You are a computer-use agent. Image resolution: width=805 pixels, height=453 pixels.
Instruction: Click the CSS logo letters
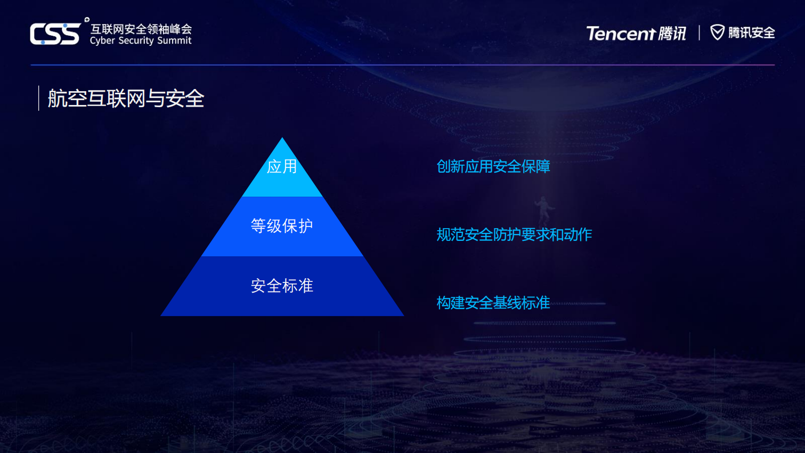pyautogui.click(x=55, y=34)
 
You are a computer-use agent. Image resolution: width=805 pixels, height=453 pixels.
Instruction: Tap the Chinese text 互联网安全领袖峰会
pyautogui.click(x=141, y=29)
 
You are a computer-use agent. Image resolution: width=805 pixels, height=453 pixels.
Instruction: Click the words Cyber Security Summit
pyautogui.click(x=141, y=41)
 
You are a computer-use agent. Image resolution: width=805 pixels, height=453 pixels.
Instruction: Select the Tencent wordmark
pyautogui.click(x=620, y=34)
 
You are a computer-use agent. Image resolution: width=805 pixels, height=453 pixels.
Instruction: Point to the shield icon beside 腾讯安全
pyautogui.click(x=718, y=33)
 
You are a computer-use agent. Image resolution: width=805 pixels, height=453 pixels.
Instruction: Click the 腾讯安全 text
pyautogui.click(x=751, y=33)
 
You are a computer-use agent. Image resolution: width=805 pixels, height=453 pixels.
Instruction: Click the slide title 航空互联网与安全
pyautogui.click(x=126, y=99)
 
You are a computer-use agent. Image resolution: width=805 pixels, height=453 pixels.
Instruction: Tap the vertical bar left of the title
pyautogui.click(x=39, y=98)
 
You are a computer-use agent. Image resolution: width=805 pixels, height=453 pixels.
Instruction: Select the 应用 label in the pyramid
pyautogui.click(x=282, y=166)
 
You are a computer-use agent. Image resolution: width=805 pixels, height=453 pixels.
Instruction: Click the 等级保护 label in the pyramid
pyautogui.click(x=282, y=226)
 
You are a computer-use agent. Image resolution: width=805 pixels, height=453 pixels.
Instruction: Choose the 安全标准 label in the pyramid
pyautogui.click(x=282, y=286)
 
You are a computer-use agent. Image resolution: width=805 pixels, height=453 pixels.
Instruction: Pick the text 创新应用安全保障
pyautogui.click(x=493, y=167)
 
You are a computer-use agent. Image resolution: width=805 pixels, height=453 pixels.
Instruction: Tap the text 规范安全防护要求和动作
pyautogui.click(x=514, y=234)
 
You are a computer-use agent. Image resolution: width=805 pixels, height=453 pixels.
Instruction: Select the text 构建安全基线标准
pyautogui.click(x=493, y=303)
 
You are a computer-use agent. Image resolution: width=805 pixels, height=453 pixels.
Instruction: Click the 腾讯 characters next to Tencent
pyautogui.click(x=672, y=34)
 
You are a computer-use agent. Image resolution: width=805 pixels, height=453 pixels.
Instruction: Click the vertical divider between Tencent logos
pyautogui.click(x=699, y=33)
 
